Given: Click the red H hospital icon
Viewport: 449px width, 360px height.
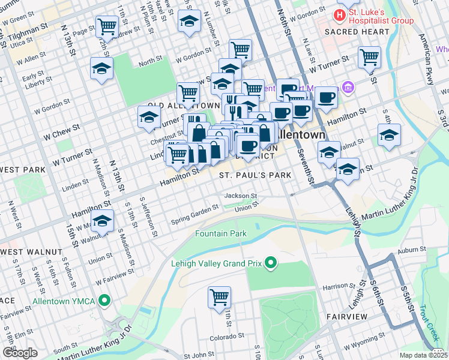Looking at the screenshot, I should [x=341, y=14].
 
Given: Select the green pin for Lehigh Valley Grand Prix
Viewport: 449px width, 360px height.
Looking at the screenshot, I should [x=271, y=262].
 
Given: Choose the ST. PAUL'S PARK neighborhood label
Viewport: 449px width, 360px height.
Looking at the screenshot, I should [x=255, y=175].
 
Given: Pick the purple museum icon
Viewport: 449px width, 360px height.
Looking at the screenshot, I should [x=347, y=88].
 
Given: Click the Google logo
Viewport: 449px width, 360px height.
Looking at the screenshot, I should [x=20, y=353].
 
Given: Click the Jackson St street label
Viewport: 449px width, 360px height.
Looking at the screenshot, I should [x=240, y=196].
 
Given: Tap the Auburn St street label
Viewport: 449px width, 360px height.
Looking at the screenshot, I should [x=414, y=248].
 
